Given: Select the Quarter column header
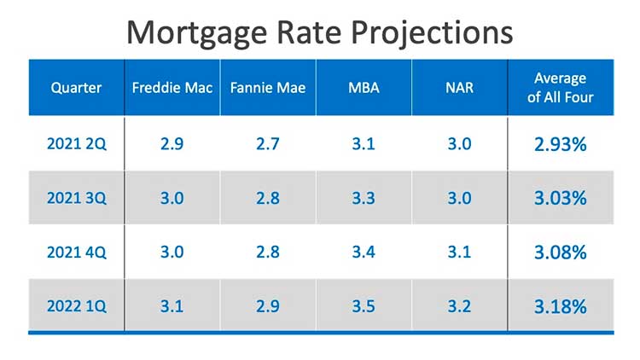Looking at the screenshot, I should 75,87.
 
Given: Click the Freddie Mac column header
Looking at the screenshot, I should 172,87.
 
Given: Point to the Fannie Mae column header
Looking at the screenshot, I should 267,87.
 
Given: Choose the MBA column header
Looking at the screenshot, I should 364,87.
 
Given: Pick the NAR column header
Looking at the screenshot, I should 459,87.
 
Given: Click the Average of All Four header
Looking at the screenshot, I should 560,87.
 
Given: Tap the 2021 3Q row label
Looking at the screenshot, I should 76,198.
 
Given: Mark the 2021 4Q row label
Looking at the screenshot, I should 76,252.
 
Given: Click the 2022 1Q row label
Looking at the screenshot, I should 76,305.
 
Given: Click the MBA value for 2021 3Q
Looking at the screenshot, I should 364,198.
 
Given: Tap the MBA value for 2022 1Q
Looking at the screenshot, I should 364,305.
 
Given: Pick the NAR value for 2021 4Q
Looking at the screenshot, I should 459,252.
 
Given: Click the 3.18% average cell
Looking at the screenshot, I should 560,305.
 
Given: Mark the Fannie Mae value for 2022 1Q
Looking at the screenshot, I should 267,305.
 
